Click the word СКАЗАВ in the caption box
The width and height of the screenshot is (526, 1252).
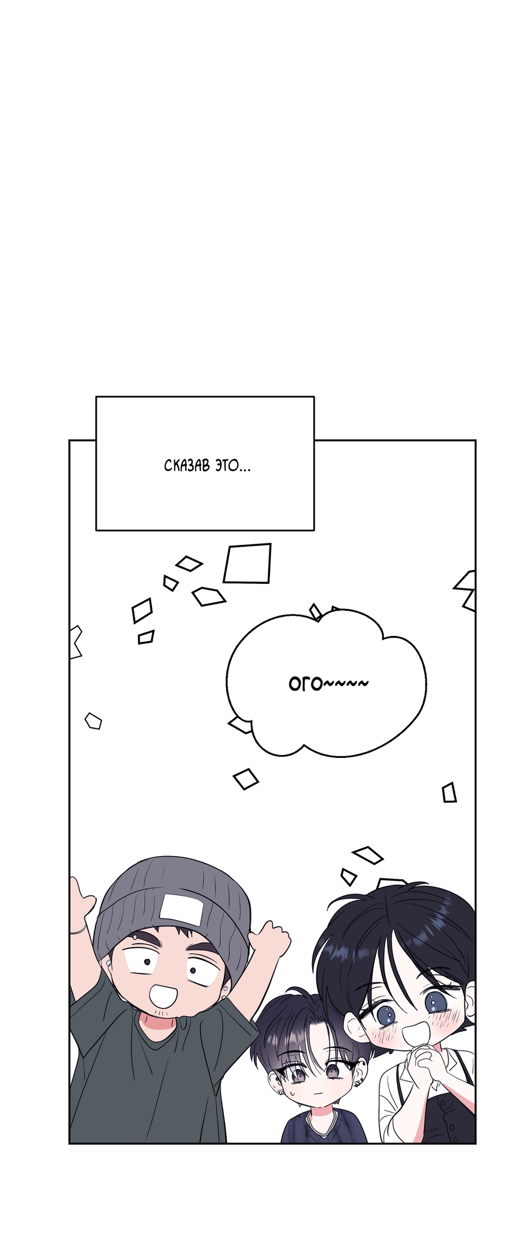tap(187, 466)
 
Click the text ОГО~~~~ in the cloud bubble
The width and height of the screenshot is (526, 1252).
tap(328, 683)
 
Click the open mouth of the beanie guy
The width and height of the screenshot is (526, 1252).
tap(165, 996)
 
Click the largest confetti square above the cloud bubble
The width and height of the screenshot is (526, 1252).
tap(248, 563)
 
